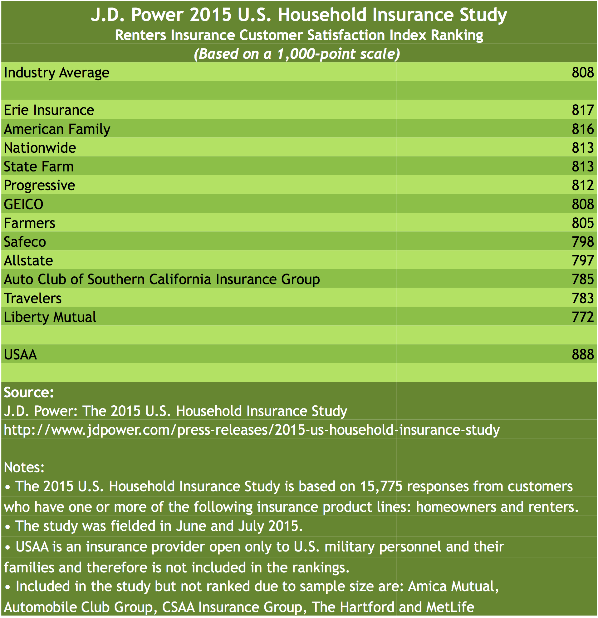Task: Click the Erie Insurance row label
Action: click(x=49, y=110)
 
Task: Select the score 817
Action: click(x=583, y=110)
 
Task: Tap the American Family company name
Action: click(x=57, y=129)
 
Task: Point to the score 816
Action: click(x=583, y=129)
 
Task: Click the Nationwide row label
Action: click(x=40, y=148)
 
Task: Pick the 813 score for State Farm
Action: click(x=583, y=166)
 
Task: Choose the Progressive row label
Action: click(x=39, y=185)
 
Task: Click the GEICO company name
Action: click(x=24, y=204)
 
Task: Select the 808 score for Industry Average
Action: click(x=583, y=72)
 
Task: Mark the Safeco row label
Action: click(x=25, y=242)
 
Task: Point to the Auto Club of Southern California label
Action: click(x=162, y=279)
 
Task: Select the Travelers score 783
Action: click(x=583, y=298)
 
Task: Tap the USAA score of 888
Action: click(x=583, y=354)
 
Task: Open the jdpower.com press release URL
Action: click(x=252, y=430)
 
